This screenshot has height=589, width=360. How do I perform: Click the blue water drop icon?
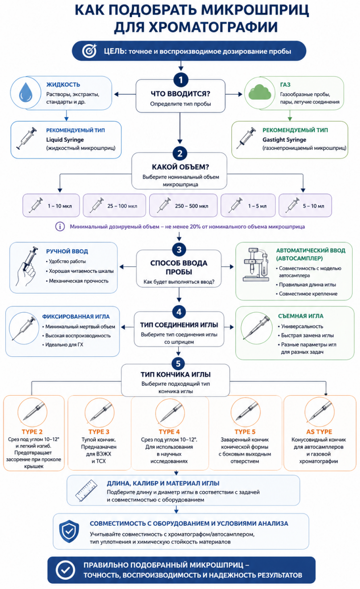[x=26, y=92]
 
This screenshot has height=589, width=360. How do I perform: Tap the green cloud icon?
[x=259, y=92]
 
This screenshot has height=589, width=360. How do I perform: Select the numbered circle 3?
[x=179, y=249]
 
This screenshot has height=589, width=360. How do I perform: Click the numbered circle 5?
[x=178, y=364]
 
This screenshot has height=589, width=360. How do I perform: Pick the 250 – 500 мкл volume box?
[x=183, y=205]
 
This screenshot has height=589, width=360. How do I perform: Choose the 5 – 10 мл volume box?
[x=305, y=205]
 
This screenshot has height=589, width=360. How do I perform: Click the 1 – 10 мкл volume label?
[x=60, y=206]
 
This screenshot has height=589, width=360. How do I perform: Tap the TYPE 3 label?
[x=99, y=432]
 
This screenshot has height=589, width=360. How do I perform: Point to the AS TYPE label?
[x=319, y=432]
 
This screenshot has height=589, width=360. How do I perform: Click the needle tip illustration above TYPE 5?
[x=246, y=412]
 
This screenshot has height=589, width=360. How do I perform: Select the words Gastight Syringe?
[x=284, y=139]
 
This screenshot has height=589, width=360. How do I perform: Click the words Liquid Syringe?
[x=65, y=139]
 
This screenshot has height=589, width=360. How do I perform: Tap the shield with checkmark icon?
[x=69, y=531]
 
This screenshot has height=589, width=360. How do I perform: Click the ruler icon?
[x=86, y=490]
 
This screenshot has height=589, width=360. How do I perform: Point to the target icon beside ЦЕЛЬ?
[x=89, y=51]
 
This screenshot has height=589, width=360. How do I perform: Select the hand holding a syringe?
[x=27, y=267]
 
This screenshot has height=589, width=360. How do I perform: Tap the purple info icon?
[x=60, y=226]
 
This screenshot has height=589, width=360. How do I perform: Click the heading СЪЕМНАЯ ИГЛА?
[x=301, y=316]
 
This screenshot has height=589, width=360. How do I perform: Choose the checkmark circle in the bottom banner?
[x=65, y=570]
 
